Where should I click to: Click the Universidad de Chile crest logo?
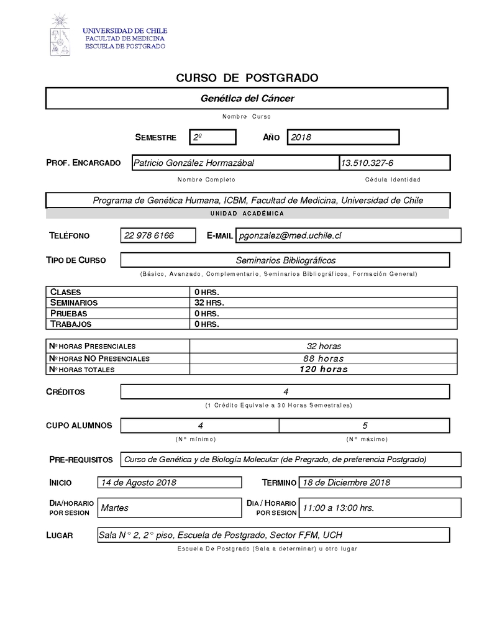[60, 35]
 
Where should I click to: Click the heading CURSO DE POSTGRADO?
[247, 78]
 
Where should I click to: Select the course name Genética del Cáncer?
[247, 98]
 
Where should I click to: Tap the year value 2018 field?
[343, 137]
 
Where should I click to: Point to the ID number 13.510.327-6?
[367, 163]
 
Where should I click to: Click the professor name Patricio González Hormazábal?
[194, 163]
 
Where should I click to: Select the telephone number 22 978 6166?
[149, 235]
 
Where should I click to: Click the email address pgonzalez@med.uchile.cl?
[291, 235]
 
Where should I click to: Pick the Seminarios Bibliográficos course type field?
[285, 260]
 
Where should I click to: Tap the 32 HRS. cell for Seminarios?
[209, 303]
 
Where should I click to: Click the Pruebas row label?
[69, 313]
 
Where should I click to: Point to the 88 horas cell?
[324, 358]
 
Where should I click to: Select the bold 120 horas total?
[324, 369]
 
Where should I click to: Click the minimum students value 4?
[200, 426]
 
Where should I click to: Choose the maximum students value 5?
[365, 426]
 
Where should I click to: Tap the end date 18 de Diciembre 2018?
[345, 483]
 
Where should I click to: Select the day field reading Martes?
[115, 508]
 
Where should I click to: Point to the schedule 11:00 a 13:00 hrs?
[339, 508]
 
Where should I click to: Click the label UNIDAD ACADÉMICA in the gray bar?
[247, 213]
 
